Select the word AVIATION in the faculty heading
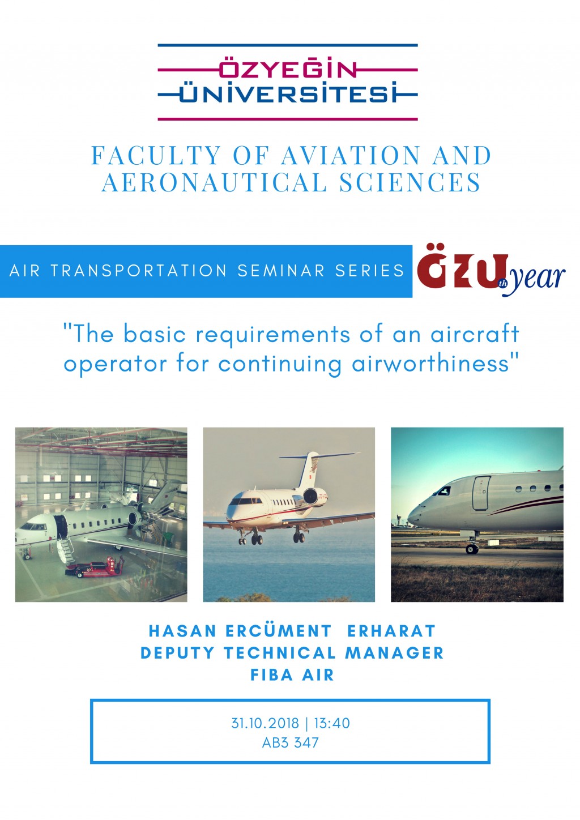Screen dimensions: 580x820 [351, 155]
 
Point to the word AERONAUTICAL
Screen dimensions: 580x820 [214, 182]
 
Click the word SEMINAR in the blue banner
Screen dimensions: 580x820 [281, 271]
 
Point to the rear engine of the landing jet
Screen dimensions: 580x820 [315, 497]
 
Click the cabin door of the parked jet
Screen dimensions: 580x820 [481, 493]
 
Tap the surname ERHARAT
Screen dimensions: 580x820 [391, 631]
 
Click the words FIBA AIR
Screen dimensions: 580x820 [292, 674]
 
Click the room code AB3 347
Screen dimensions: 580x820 [291, 742]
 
